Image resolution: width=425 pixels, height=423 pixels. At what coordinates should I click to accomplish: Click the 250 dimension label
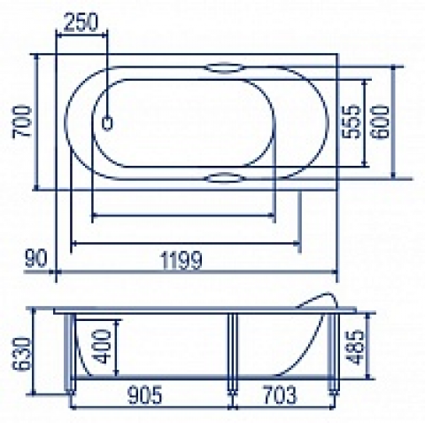81,22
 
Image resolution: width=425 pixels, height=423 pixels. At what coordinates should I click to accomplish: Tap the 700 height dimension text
21,121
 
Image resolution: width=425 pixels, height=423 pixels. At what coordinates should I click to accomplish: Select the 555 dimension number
352,121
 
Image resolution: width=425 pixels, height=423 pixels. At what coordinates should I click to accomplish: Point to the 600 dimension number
380,121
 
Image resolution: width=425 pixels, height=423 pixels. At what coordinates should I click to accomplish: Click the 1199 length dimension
182,260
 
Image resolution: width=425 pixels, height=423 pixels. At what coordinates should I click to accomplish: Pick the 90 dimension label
36,258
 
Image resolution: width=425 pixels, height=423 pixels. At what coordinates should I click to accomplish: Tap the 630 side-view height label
21,354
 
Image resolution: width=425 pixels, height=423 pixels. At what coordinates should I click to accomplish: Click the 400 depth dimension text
102,347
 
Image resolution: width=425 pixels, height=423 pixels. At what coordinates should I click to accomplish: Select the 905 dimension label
145,396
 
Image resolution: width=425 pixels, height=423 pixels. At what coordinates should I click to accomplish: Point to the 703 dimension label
280,396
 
